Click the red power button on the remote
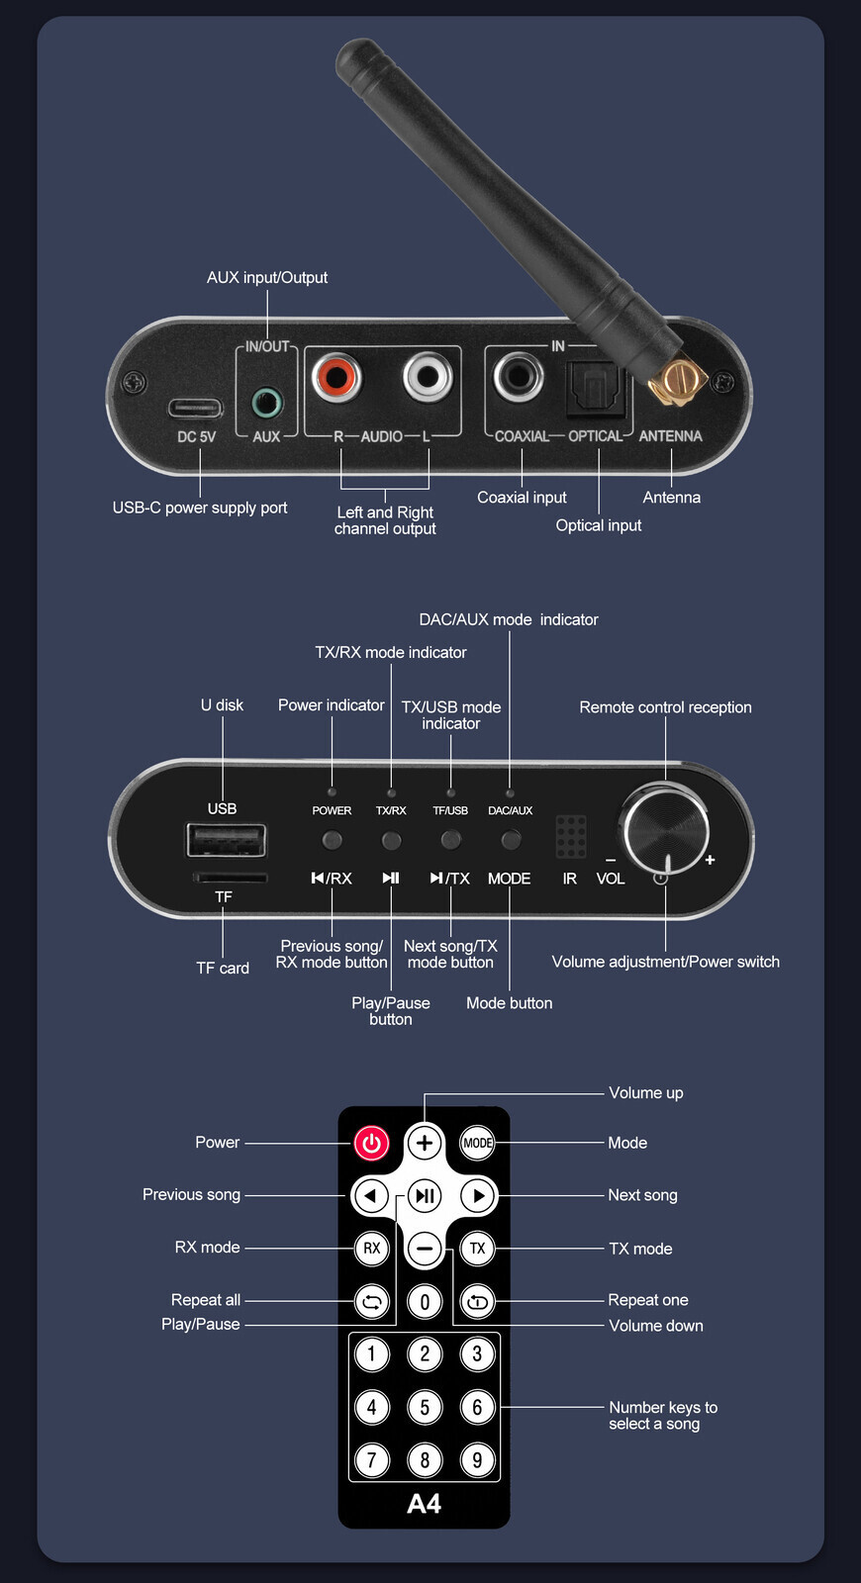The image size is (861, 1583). coord(371,1144)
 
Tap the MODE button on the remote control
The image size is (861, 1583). coord(477,1144)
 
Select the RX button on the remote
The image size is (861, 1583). coord(371,1249)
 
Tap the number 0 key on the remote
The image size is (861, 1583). coord(425,1302)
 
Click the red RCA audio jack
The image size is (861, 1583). coord(335,377)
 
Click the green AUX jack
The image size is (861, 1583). coord(266,403)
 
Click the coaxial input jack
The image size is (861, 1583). coord(519,376)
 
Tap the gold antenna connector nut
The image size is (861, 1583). coord(677,381)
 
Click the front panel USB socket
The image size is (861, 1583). coord(227,840)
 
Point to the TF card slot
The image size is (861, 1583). coord(229,877)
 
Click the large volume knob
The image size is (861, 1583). coord(665,829)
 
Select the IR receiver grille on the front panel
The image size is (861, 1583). coord(570,836)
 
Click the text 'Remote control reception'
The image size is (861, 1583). coord(665,707)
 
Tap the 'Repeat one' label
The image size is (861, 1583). coord(647,1300)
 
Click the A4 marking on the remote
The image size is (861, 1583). coord(424,1504)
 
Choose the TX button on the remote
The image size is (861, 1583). coord(477,1249)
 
